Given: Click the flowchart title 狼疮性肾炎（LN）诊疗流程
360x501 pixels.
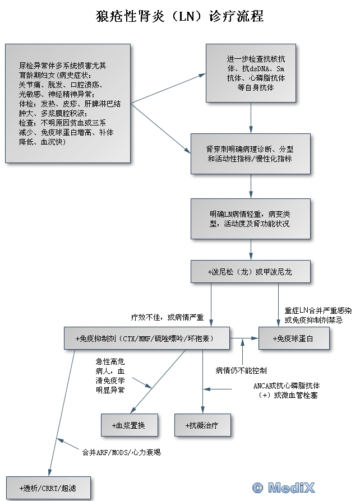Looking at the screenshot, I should (x=180, y=16).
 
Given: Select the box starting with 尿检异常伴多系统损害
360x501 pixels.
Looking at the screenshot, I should (x=67, y=104).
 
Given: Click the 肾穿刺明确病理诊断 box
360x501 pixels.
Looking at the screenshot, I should (x=250, y=154).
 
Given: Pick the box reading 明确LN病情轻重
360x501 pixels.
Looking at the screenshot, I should (x=250, y=219).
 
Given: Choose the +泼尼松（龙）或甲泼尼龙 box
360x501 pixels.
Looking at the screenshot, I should (x=250, y=272).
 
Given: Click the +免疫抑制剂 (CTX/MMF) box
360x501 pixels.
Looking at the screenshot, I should (x=147, y=338).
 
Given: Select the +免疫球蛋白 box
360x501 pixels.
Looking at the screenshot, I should (x=293, y=338).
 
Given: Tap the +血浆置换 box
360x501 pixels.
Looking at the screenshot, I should (x=129, y=425).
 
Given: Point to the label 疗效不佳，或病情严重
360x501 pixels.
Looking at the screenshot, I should (x=168, y=317).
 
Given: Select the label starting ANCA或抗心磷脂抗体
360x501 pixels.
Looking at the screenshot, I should (x=287, y=390).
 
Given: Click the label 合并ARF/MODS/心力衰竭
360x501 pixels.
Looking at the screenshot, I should (x=121, y=451).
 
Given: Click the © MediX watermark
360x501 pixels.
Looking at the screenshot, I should (x=283, y=488).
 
